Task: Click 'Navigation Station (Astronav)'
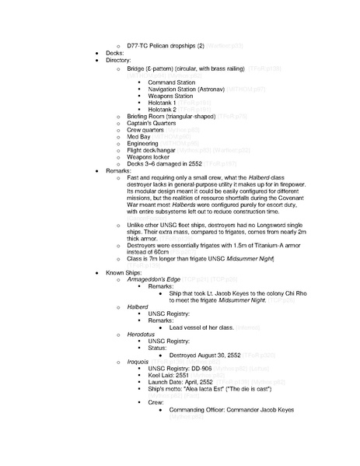191,89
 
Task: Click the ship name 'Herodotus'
143,334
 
